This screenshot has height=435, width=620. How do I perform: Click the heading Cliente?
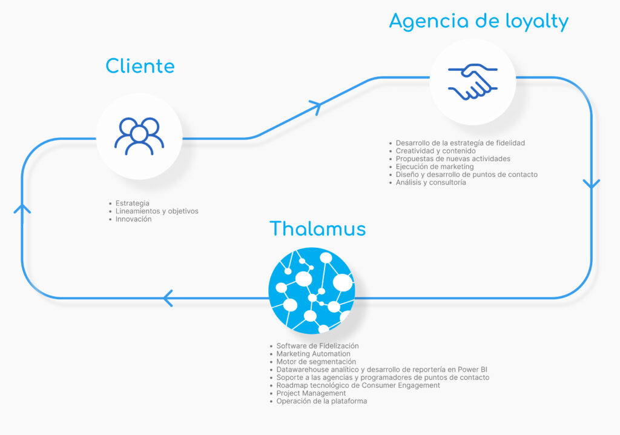tap(140, 65)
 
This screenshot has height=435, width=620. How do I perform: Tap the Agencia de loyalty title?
tap(478, 21)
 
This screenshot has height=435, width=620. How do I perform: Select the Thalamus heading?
tap(317, 228)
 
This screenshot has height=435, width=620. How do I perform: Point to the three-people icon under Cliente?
tap(139, 136)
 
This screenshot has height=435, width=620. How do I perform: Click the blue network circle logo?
tap(311, 290)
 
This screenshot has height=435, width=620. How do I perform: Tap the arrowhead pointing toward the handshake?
tap(315, 107)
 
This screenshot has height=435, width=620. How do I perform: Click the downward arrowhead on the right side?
tap(591, 183)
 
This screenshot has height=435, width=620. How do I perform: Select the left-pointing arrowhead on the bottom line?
tap(168, 297)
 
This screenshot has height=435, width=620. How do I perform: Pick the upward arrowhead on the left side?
tap(22, 209)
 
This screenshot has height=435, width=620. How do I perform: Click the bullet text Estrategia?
tap(132, 203)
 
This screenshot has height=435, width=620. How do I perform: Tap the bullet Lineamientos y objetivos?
tap(156, 211)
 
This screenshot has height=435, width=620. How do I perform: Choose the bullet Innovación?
tap(133, 219)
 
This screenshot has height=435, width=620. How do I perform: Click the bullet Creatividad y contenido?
tap(435, 151)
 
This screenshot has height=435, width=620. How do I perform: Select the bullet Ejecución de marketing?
tap(434, 167)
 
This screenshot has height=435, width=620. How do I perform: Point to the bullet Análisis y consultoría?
tap(430, 182)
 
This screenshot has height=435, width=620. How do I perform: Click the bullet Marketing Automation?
tap(313, 354)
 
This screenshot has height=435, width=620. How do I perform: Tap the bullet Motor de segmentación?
tap(316, 362)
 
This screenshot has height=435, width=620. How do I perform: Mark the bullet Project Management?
tap(311, 393)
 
